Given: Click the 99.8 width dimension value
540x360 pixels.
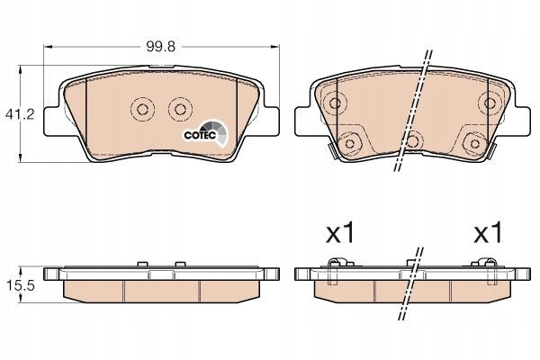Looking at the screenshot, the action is tap(160, 46).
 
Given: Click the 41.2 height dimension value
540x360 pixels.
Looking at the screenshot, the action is tap(20, 114).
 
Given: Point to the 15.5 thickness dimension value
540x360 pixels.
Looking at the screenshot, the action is tap(20, 285).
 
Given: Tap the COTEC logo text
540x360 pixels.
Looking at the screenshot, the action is tap(200, 135).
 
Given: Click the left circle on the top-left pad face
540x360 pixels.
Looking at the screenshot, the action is tap(142, 109).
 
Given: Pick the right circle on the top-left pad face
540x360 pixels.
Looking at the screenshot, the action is tap(180, 109).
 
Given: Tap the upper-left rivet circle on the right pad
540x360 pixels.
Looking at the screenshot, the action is tap(335, 103).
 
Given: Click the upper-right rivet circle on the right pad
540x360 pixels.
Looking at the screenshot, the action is tap(490, 103).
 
